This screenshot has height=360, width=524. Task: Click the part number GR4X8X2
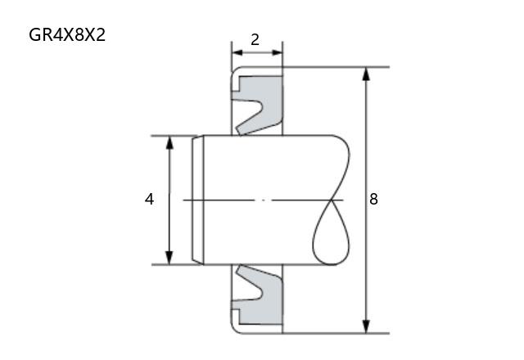click(x=67, y=34)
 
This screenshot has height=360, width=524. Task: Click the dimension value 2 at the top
click(x=255, y=40)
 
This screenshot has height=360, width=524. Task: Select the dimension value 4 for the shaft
click(x=149, y=200)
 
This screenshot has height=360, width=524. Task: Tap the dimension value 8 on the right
click(x=373, y=199)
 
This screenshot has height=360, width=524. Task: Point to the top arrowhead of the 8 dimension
click(x=366, y=74)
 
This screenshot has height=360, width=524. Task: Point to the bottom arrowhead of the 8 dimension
click(x=366, y=326)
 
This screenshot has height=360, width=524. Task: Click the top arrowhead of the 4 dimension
click(x=169, y=142)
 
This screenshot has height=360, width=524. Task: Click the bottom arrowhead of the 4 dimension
click(x=169, y=258)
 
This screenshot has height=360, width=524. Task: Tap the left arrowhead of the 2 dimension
click(x=237, y=52)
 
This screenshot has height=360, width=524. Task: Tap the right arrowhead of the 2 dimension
click(x=277, y=52)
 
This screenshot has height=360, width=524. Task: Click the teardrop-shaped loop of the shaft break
click(x=331, y=232)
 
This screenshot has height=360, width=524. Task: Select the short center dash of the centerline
click(x=263, y=200)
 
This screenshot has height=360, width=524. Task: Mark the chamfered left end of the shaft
click(x=198, y=200)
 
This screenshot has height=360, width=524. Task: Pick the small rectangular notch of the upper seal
click(x=236, y=84)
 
